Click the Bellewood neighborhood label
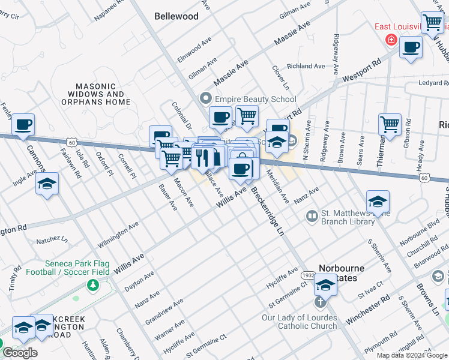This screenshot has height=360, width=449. pyautogui.click(x=176, y=16)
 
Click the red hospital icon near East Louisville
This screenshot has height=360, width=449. pyautogui.click(x=391, y=40)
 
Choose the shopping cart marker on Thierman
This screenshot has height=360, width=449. pyautogui.click(x=390, y=125)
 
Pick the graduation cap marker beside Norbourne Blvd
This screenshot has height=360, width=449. pyautogui.click(x=378, y=202)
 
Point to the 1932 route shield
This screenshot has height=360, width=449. pyautogui.click(x=308, y=275)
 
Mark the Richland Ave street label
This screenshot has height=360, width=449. pyautogui.click(x=306, y=66)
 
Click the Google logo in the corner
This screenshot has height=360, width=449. pyautogui.click(x=20, y=353)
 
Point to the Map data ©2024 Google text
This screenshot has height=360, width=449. pyautogui.click(x=411, y=355)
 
